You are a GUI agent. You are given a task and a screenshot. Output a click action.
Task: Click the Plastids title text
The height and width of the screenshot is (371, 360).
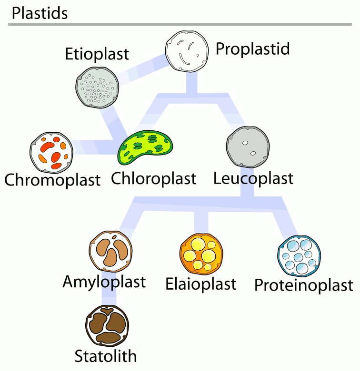(x=40, y=13)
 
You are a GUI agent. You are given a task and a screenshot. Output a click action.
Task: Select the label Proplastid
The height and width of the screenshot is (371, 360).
(x=253, y=49)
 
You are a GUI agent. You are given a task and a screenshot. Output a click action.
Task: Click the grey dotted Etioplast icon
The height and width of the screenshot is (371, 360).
(x=97, y=88)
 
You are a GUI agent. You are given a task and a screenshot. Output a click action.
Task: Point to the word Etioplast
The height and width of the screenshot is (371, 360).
(x=97, y=54)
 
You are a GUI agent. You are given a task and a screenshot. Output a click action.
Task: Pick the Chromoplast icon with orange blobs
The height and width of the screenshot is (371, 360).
(x=51, y=152)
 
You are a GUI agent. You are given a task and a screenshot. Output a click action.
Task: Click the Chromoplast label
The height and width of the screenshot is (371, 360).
(x=52, y=180)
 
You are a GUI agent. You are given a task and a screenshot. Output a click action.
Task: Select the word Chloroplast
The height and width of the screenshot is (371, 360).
(x=154, y=179)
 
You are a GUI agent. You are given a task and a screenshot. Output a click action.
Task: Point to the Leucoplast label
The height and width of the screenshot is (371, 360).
(x=253, y=179)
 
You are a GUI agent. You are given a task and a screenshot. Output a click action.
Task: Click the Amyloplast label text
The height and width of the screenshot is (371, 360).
(x=104, y=282)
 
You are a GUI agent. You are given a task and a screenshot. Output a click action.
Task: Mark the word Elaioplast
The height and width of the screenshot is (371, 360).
(x=201, y=284)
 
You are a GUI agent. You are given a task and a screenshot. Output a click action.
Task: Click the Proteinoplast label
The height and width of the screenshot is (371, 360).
(x=304, y=285)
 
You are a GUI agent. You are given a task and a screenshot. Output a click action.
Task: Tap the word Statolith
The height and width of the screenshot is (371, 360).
(x=106, y=356)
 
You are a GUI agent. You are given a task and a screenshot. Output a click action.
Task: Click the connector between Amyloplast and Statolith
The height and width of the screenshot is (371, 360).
(x=110, y=297)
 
